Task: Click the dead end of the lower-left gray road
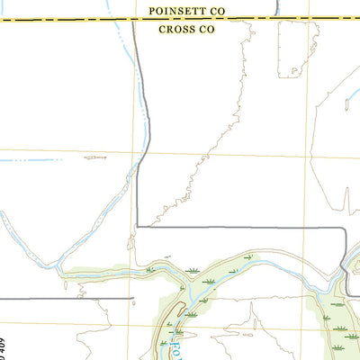(x=134, y=297)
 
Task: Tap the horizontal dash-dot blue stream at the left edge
(x=36, y=160)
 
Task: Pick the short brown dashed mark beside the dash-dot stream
(x=94, y=157)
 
